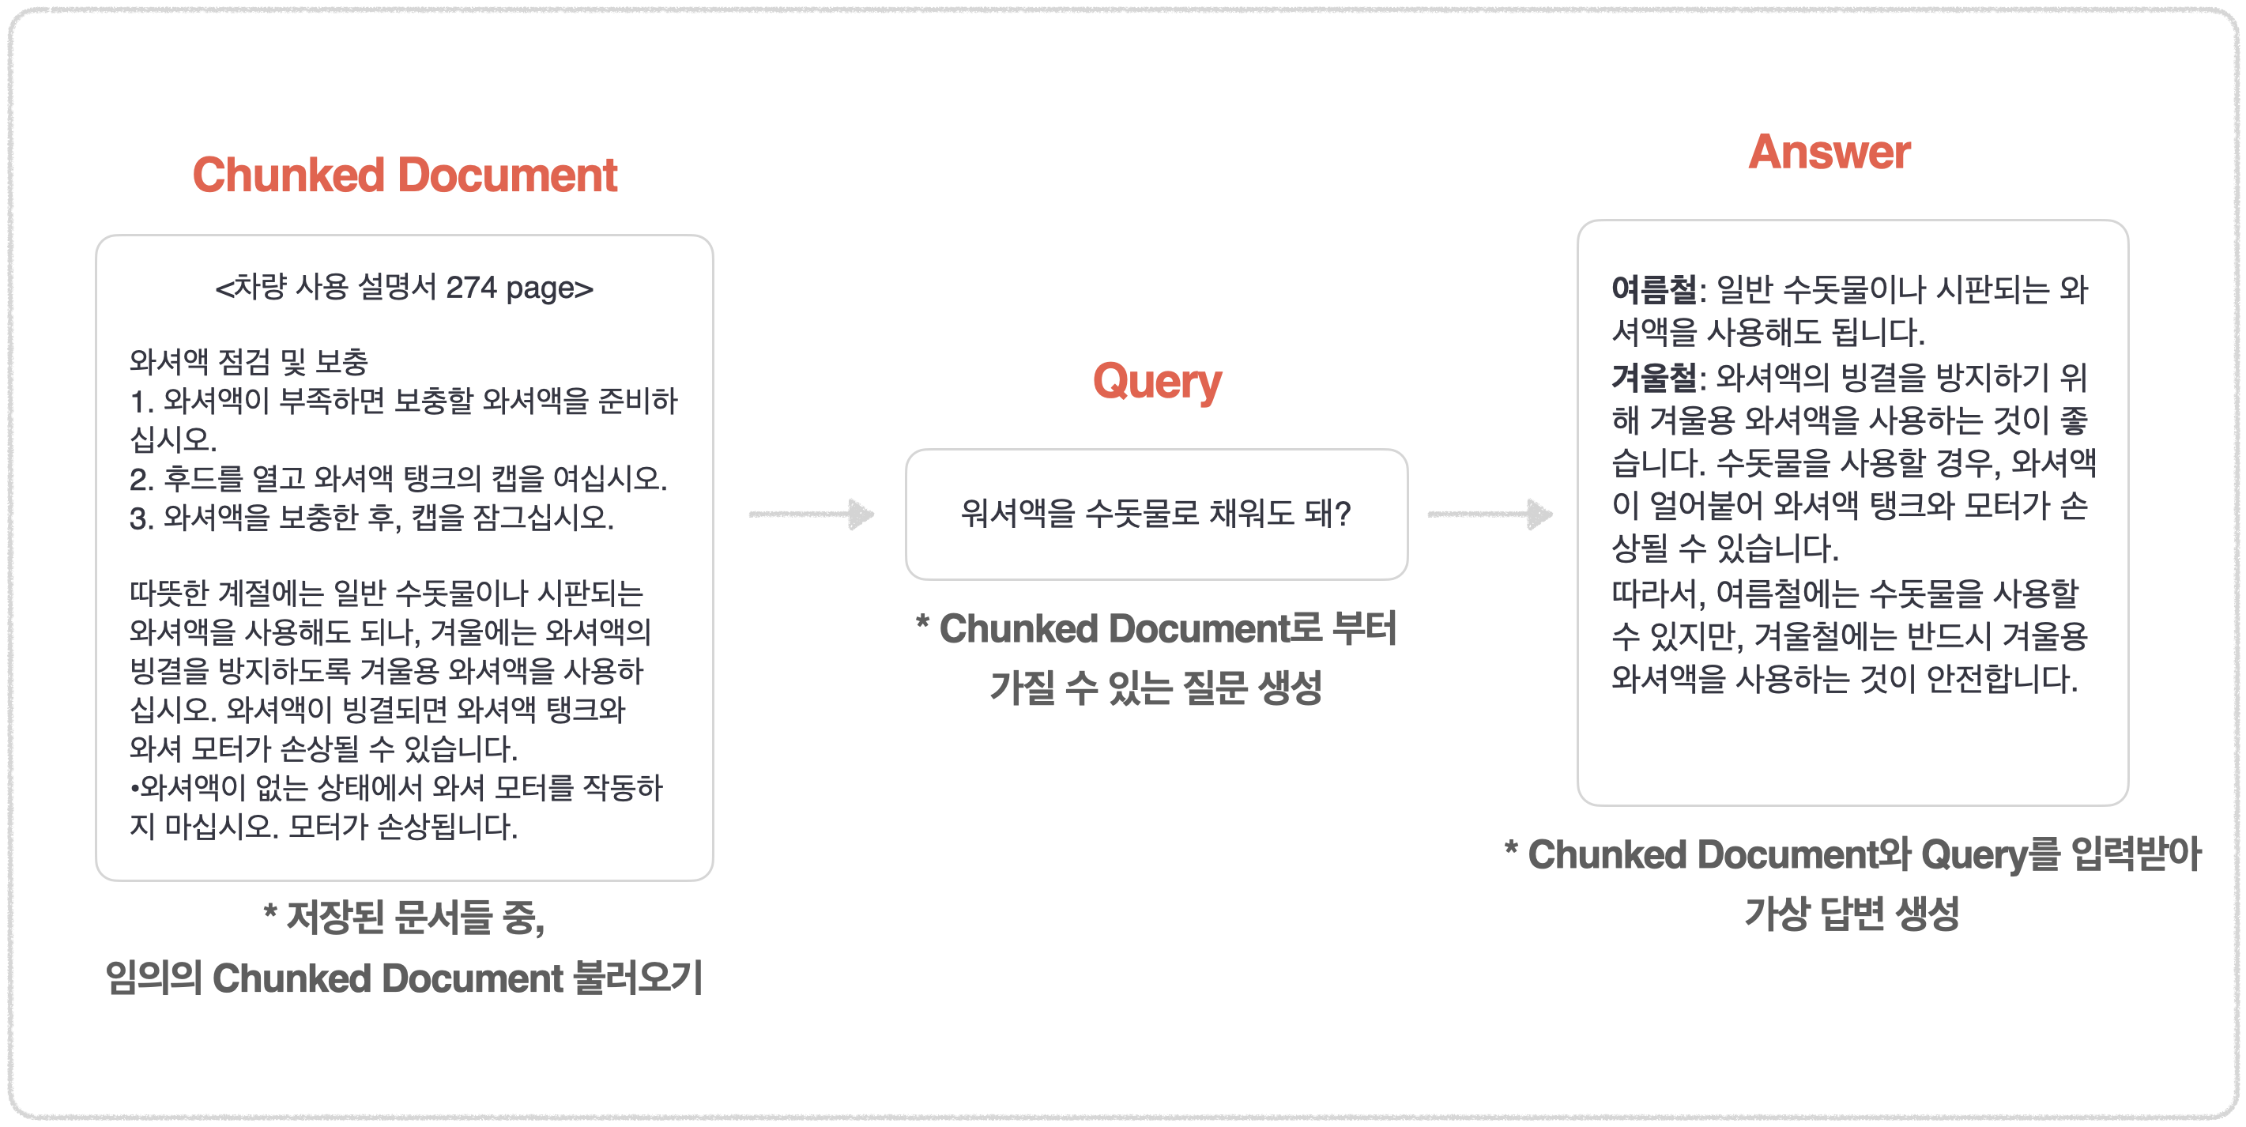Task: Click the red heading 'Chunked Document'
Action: pos(405,175)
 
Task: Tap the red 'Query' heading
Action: pos(1156,382)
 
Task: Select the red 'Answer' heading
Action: pos(1829,153)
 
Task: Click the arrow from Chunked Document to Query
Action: pos(812,514)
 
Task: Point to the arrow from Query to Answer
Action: pos(1490,514)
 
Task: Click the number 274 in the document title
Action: pos(471,287)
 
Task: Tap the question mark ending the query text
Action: pos(1343,514)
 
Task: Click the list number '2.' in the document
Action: pos(141,478)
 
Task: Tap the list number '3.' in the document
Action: pos(141,518)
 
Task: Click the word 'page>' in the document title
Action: pos(549,287)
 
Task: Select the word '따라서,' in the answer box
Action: pos(1657,593)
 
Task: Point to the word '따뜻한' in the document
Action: pos(169,593)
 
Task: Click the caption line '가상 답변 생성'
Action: pos(1852,914)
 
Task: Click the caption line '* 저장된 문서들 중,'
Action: pos(405,917)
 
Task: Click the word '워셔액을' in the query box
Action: pos(1018,514)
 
